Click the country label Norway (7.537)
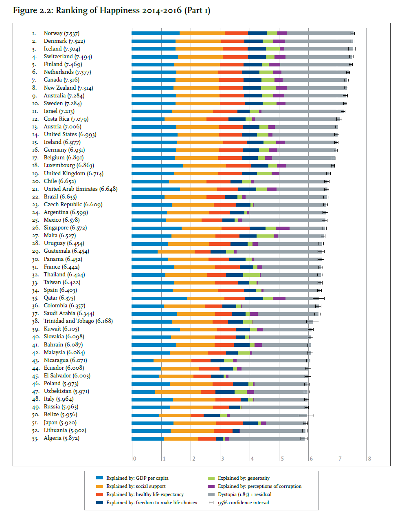(61, 33)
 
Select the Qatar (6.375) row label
(59, 298)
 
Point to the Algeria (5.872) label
(61, 438)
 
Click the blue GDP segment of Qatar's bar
(159, 298)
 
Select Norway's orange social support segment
(202, 33)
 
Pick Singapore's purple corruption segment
(283, 228)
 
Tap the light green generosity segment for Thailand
(251, 275)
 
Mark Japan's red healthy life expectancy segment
(229, 423)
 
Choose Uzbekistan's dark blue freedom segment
(225, 392)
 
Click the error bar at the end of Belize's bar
(306, 415)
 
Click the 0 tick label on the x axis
(134, 459)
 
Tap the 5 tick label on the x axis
(282, 459)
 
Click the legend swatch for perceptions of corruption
(211, 486)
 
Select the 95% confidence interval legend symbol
(211, 503)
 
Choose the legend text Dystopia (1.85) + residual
(245, 494)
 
